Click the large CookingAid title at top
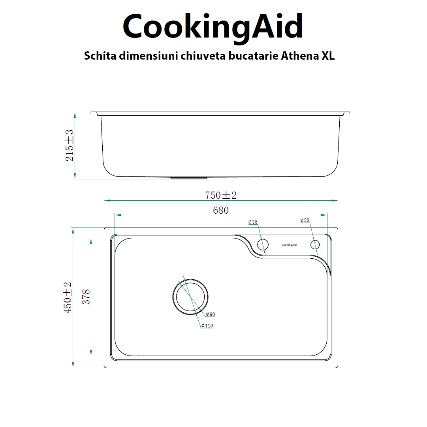[213, 26]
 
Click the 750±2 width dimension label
[220, 195]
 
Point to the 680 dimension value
[220, 210]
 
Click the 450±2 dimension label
[68, 297]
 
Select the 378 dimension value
[86, 297]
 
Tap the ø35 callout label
[253, 222]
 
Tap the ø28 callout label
[305, 220]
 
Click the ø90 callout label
[210, 314]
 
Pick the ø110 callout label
[207, 326]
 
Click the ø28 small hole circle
[315, 245]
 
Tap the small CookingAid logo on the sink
[289, 245]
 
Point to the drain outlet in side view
[186, 178]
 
